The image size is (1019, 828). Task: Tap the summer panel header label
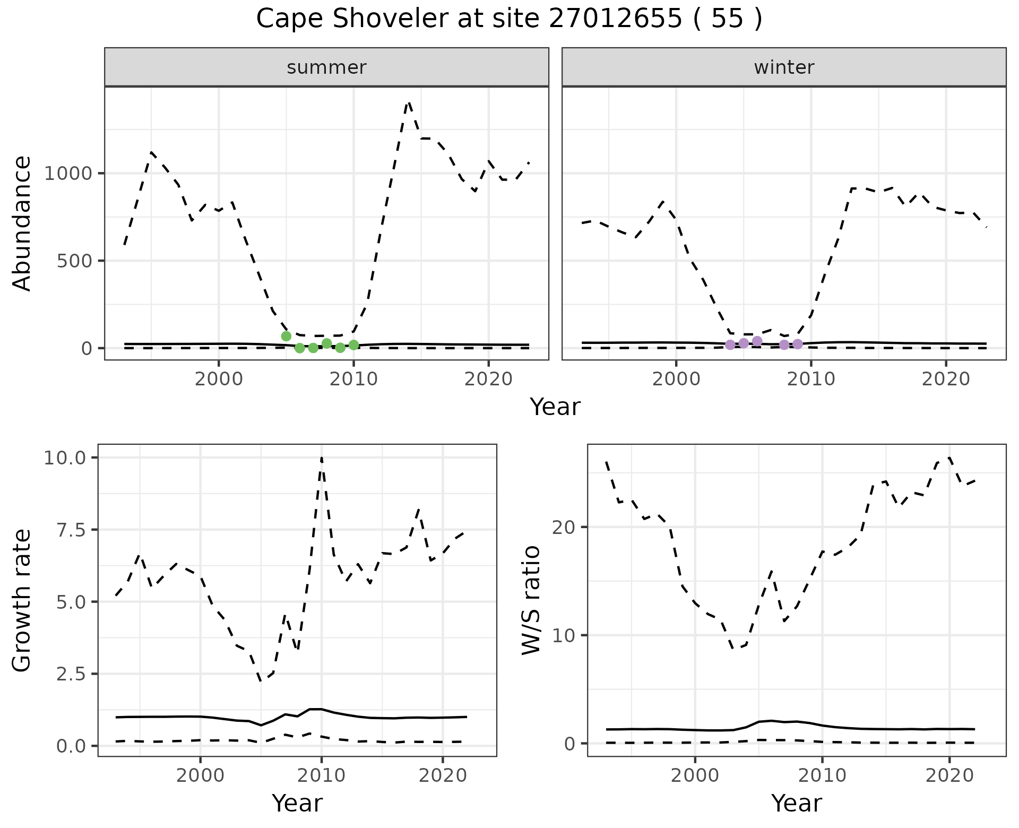pos(326,67)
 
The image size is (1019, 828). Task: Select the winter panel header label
pos(784,67)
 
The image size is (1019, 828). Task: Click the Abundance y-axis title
pos(22,223)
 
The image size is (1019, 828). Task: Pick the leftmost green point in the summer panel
pos(286,336)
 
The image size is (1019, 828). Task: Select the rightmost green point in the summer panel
pos(354,345)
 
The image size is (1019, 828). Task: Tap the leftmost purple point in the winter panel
pos(730,344)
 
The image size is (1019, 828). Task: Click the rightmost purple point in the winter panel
pos(798,344)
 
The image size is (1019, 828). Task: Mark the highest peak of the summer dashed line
pos(409,102)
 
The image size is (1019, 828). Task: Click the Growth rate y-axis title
pos(22,600)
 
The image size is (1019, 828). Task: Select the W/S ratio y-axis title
pos(531,600)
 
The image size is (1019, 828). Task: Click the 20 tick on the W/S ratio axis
pos(563,527)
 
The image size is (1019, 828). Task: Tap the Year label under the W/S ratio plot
pos(797,803)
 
